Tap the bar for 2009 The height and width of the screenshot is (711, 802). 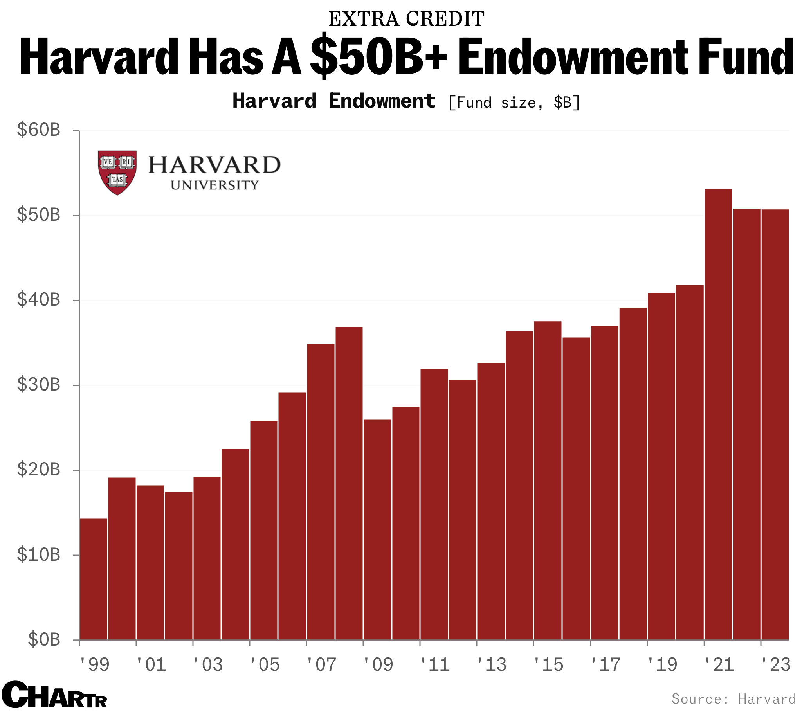[377, 529]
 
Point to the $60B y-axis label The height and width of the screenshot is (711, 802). [38, 130]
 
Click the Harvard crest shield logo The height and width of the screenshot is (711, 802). [117, 172]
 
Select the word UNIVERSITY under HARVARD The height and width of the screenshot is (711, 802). [214, 185]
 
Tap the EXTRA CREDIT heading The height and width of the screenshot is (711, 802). [406, 19]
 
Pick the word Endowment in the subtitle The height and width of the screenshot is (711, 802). [382, 101]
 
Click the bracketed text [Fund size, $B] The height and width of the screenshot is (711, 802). [514, 103]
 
